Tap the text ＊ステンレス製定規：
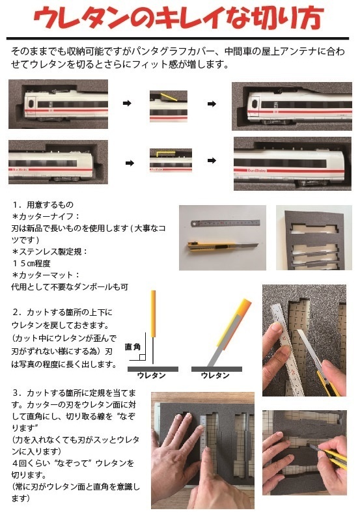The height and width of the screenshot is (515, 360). (x=49, y=250)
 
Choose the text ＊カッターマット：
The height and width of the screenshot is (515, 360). (x=45, y=274)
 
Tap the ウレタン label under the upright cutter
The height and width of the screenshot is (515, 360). (x=151, y=376)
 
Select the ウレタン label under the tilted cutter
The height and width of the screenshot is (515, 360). (x=215, y=376)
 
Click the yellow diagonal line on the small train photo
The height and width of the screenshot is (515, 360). (x=167, y=98)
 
